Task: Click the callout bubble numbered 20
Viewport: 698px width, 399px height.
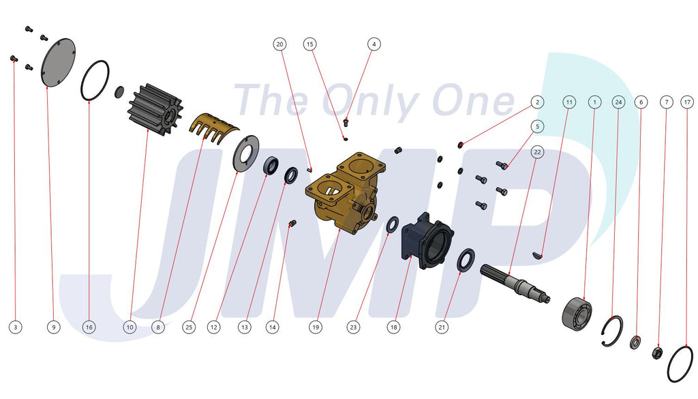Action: point(279,44)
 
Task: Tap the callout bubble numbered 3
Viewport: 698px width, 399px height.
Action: point(16,327)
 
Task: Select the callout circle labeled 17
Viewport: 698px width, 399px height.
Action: point(687,102)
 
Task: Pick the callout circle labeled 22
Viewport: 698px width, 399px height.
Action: point(537,152)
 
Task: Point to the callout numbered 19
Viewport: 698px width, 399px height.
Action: point(316,327)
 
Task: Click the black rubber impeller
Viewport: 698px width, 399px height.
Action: point(155,109)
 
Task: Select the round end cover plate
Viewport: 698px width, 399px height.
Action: point(59,63)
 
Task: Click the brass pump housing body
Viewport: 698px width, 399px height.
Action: point(346,192)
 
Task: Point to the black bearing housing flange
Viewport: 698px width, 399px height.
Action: point(427,241)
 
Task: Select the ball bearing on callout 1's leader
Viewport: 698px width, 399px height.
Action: point(577,314)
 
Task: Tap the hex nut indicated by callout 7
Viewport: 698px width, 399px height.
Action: point(657,353)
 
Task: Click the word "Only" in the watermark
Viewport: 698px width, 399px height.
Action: point(370,102)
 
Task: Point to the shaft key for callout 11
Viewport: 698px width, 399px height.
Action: point(538,255)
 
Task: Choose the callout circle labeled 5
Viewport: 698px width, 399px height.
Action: point(537,126)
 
